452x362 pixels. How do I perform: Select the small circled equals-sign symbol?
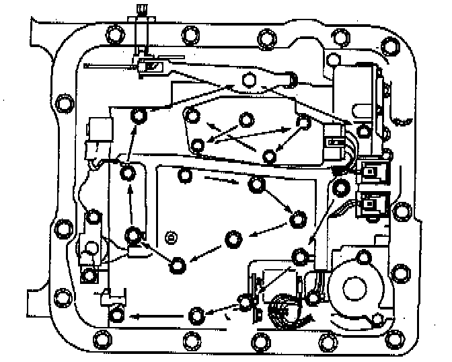click(170, 237)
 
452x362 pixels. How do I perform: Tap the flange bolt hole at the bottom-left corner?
click(103, 338)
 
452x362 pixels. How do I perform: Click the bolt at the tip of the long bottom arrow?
click(118, 314)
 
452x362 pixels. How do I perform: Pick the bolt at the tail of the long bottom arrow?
click(196, 314)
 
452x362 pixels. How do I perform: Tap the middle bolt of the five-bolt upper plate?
click(247, 119)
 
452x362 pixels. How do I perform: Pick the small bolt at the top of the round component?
click(364, 256)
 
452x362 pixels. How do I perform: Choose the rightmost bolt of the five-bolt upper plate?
click(304, 121)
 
